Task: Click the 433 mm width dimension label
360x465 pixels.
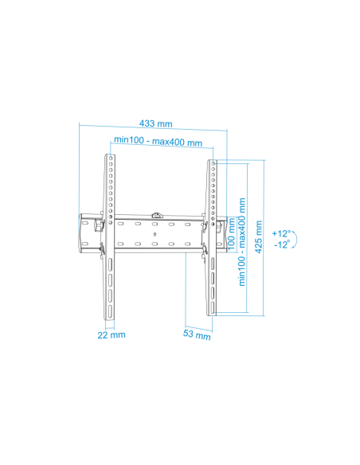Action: pos(155,123)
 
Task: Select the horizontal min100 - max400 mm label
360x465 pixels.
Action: pos(158,141)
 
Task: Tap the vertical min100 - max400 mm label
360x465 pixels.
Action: pos(242,242)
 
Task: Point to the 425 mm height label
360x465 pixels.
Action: pos(259,236)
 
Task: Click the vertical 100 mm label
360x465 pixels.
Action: pos(231,233)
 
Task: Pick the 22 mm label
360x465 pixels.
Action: pos(112,334)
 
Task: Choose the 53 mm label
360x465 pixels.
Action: pos(197,334)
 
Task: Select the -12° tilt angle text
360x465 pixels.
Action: pos(282,244)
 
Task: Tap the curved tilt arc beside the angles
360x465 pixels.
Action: pos(296,239)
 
